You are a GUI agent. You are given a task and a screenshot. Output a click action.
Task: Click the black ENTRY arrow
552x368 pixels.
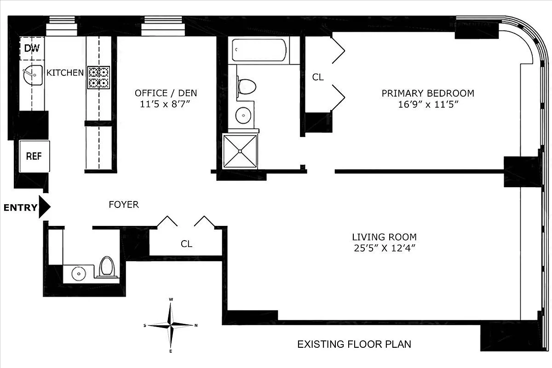point(44,207)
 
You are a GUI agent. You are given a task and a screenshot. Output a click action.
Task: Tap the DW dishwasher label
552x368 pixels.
point(31,48)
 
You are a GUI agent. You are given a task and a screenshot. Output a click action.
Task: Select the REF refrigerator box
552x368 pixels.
point(34,156)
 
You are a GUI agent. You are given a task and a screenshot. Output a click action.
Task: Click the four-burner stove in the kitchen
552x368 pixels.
point(99,77)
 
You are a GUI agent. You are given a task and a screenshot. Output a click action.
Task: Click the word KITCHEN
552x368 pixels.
point(65,72)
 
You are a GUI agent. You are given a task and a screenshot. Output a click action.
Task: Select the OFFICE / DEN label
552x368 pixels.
point(166,93)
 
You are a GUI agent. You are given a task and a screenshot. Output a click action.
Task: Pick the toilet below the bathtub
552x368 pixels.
point(246,86)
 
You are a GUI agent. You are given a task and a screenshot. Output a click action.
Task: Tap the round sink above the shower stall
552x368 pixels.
point(243,115)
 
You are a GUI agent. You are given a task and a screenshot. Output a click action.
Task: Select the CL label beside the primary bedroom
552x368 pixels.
point(318,77)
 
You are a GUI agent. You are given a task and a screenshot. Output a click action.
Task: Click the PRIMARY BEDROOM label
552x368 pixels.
point(428,93)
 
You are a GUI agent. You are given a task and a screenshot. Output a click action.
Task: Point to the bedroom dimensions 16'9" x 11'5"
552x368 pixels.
point(428,104)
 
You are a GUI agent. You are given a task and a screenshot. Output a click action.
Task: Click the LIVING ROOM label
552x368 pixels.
point(384,237)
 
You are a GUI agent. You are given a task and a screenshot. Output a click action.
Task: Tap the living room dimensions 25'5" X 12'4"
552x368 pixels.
point(384,248)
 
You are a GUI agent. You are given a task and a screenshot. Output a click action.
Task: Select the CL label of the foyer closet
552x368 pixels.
point(186,244)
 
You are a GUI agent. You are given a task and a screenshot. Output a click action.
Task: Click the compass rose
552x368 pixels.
point(171,325)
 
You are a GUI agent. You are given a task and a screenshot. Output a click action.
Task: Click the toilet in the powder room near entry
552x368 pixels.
point(107,266)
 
